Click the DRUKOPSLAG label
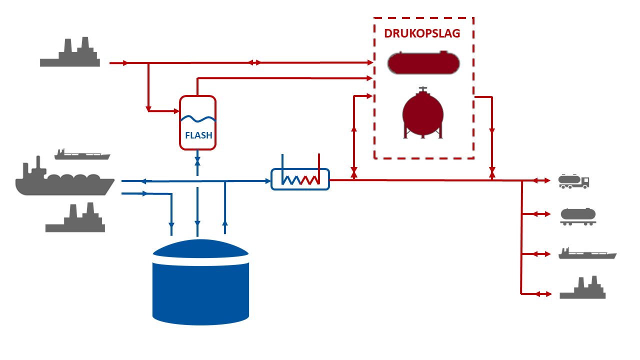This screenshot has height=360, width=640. (422, 33)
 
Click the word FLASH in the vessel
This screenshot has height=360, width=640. (198, 135)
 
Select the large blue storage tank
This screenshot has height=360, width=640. (200, 282)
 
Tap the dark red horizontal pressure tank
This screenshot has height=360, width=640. (423, 62)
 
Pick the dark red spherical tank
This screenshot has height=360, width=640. (423, 115)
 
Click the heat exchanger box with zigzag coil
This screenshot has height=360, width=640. (300, 179)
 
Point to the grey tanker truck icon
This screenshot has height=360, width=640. (573, 181)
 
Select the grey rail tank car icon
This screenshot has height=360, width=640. (578, 216)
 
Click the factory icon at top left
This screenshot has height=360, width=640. (70, 51)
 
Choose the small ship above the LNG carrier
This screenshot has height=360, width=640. (82, 154)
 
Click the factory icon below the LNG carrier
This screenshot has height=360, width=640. (75, 217)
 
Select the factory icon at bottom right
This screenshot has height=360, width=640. (582, 287)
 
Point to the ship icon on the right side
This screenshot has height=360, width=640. (587, 253)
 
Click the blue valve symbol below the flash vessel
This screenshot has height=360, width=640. (197, 161)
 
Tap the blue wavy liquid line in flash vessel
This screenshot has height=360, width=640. (198, 119)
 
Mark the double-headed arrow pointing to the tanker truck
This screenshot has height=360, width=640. (541, 180)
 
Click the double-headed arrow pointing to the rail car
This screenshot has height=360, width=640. (541, 214)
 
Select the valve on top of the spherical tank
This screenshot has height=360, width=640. (423, 89)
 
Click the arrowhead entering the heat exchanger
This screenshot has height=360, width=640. (268, 181)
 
